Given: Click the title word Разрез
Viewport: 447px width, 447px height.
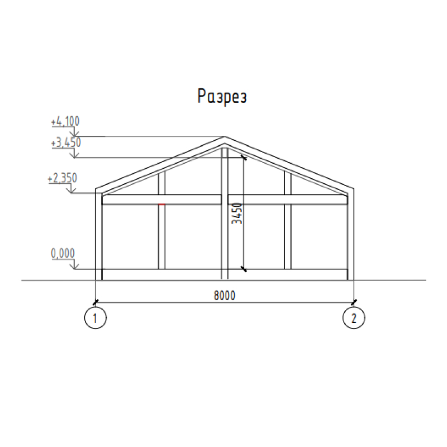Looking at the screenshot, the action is (222, 96).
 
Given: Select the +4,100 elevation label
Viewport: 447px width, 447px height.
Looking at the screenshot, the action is (65, 121).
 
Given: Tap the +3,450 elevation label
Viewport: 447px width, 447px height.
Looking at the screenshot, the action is (66, 142).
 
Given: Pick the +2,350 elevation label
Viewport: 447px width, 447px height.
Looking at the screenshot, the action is (62, 178).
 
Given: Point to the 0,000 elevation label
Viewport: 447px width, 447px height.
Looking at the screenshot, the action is (63, 253).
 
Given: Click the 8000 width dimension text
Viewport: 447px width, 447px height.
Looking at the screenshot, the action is (225, 296).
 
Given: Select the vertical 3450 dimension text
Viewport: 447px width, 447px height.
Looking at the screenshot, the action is (237, 213).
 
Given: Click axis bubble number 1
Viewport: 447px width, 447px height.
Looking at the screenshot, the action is (96, 317).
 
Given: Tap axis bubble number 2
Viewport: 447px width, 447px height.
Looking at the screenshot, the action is (354, 317).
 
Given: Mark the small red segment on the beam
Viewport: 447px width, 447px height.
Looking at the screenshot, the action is (161, 205).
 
